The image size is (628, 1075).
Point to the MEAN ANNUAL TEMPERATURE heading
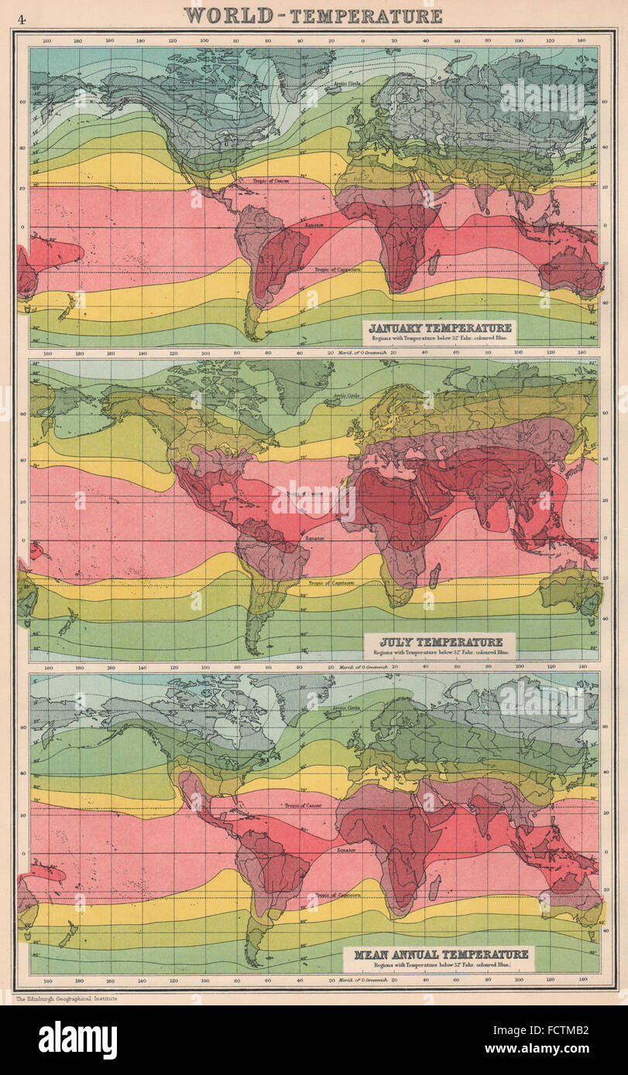[x=442, y=954]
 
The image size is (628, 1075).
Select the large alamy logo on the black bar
[x=77, y=1040]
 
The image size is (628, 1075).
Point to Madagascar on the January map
[x=434, y=261]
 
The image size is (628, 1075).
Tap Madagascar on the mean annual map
[x=434, y=886]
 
